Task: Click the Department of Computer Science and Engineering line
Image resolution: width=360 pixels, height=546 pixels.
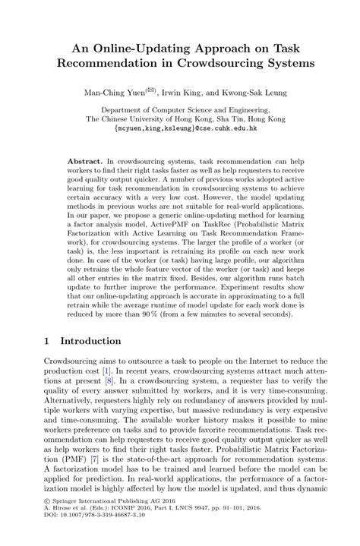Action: coord(179,110)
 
